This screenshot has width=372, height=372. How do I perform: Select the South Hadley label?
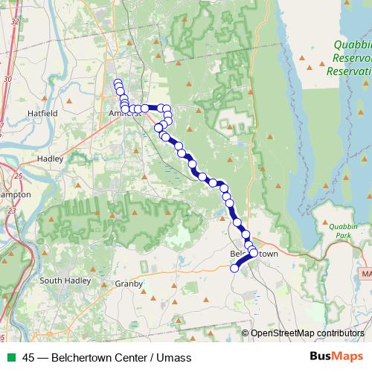click(x=65, y=280)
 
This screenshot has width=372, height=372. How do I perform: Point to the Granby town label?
click(x=128, y=283)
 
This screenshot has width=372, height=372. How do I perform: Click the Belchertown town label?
click(x=254, y=254)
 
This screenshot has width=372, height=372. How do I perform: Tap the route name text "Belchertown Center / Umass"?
click(x=121, y=358)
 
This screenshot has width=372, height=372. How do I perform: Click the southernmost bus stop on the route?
click(x=234, y=269)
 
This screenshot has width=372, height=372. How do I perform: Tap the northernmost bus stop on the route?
click(x=117, y=83)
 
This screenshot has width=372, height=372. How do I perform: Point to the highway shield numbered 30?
click(x=7, y=78)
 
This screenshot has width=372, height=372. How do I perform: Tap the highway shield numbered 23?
click(x=12, y=212)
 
